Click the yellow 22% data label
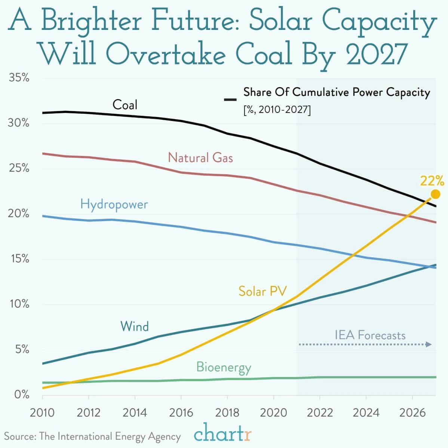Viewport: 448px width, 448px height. [x=432, y=181]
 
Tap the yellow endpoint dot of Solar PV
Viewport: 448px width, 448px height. [x=435, y=194]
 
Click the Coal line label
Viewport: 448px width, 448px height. [x=125, y=105]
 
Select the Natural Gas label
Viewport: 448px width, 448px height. [x=200, y=157]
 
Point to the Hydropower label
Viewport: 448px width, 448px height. [x=114, y=205]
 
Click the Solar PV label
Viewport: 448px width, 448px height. [x=263, y=291]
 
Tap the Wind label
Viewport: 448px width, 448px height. [x=134, y=326]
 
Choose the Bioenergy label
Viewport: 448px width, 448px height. [x=224, y=367]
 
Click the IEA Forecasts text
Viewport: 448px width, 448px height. [x=370, y=335]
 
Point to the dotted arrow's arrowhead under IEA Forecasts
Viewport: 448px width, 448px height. [x=430, y=344]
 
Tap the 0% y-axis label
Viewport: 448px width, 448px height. [x=21, y=395]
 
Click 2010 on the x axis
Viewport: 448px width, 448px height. [x=42, y=413]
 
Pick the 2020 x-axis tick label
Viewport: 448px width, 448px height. [x=273, y=413]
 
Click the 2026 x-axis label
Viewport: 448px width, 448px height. [x=412, y=413]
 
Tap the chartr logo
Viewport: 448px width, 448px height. [x=223, y=435]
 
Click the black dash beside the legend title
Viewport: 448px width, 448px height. [x=230, y=99]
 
